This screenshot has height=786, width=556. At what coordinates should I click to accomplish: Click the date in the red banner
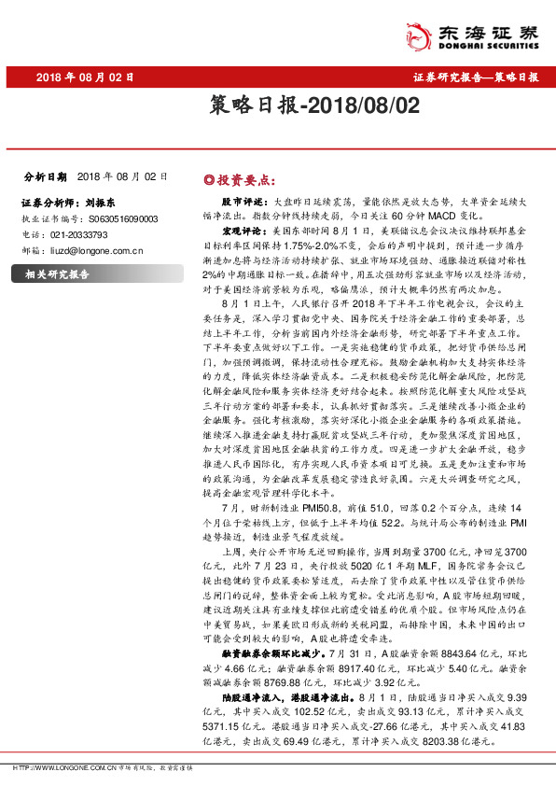click(x=86, y=78)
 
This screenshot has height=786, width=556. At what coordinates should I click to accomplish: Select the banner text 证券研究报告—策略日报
click(x=476, y=78)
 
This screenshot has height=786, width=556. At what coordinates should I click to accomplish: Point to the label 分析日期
click(x=45, y=176)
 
